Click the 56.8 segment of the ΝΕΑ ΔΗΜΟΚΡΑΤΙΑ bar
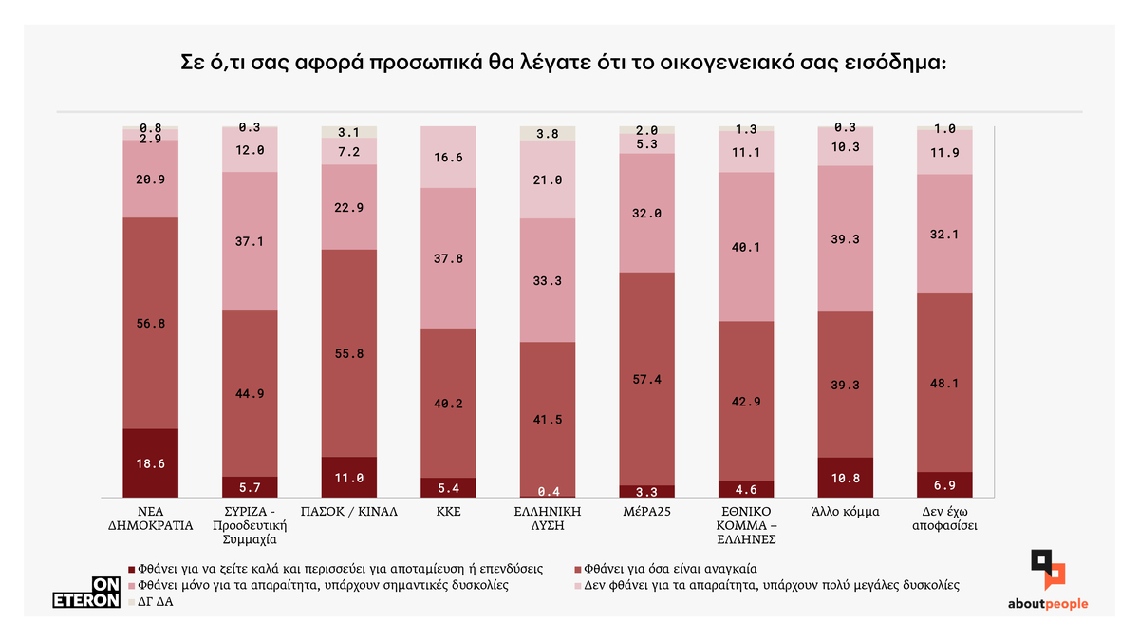[151, 324]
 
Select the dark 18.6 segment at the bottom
[151, 463]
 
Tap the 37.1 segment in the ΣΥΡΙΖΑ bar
[251, 241]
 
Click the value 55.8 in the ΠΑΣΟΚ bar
[349, 353]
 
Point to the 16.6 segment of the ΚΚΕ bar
[448, 158]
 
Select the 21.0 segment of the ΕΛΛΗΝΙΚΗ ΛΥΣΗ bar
[548, 180]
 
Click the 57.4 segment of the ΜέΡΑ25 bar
[646, 379]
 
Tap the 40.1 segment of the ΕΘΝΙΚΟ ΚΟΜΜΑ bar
[746, 247]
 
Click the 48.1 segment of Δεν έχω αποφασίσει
[944, 384]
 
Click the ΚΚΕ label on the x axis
[448, 511]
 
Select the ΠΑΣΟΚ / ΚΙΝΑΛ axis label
[349, 511]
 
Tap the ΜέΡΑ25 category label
[646, 511]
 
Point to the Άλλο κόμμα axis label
[845, 511]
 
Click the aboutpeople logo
[1048, 581]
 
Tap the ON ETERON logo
[85, 593]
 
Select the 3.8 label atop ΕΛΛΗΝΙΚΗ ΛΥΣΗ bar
[548, 134]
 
